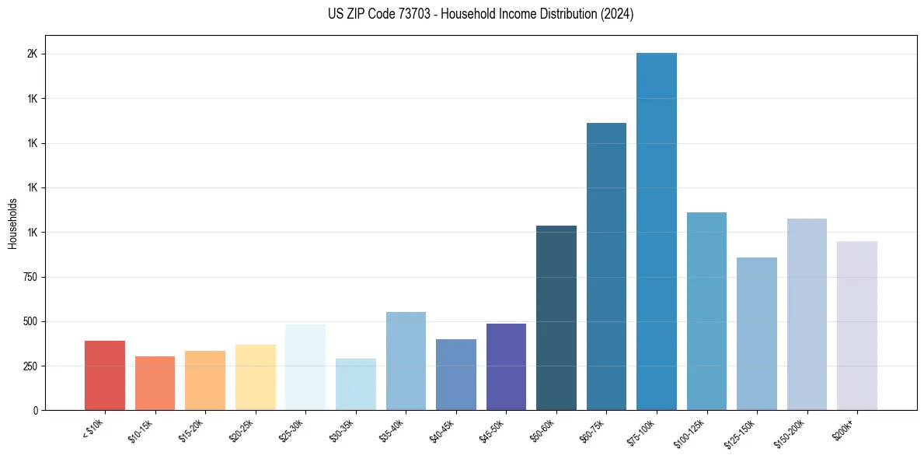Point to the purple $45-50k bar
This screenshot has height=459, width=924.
click(x=506, y=366)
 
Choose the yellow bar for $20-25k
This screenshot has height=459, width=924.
click(x=256, y=377)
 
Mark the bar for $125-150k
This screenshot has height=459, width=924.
click(x=757, y=334)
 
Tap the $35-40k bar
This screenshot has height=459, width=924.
click(x=406, y=361)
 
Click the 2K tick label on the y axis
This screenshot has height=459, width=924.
click(x=32, y=54)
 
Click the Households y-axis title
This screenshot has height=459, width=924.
click(x=12, y=223)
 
